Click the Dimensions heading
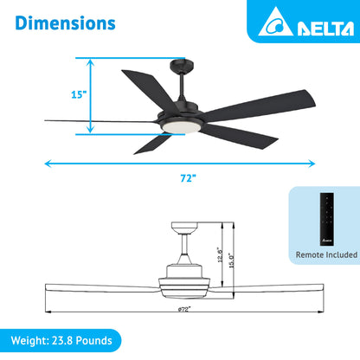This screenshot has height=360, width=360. (x=65, y=22)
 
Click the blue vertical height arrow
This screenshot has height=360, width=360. (x=88, y=96)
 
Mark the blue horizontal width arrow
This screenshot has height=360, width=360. (x=182, y=162)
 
